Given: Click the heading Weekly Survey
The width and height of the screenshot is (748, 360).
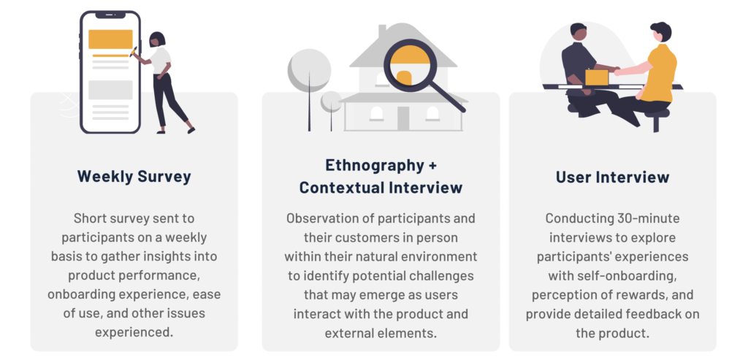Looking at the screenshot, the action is tap(134, 177).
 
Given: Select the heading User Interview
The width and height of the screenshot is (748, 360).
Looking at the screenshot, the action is tap(613, 177).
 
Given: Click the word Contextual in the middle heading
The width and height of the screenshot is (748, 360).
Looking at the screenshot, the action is tap(342, 188).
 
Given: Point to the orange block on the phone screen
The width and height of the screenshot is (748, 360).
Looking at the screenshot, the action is tap(110, 39).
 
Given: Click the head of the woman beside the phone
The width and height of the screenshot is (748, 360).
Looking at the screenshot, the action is tap(157, 39).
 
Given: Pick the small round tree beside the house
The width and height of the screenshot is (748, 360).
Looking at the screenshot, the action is tap(331, 102).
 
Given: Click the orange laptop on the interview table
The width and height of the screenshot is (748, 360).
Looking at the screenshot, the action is tap(597, 77).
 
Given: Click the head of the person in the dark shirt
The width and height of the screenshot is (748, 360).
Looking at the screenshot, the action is tap(579, 34).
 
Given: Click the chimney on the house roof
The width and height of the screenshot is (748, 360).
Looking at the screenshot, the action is tap(382, 31).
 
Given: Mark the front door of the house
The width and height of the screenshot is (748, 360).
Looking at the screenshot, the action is tap(403, 119).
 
